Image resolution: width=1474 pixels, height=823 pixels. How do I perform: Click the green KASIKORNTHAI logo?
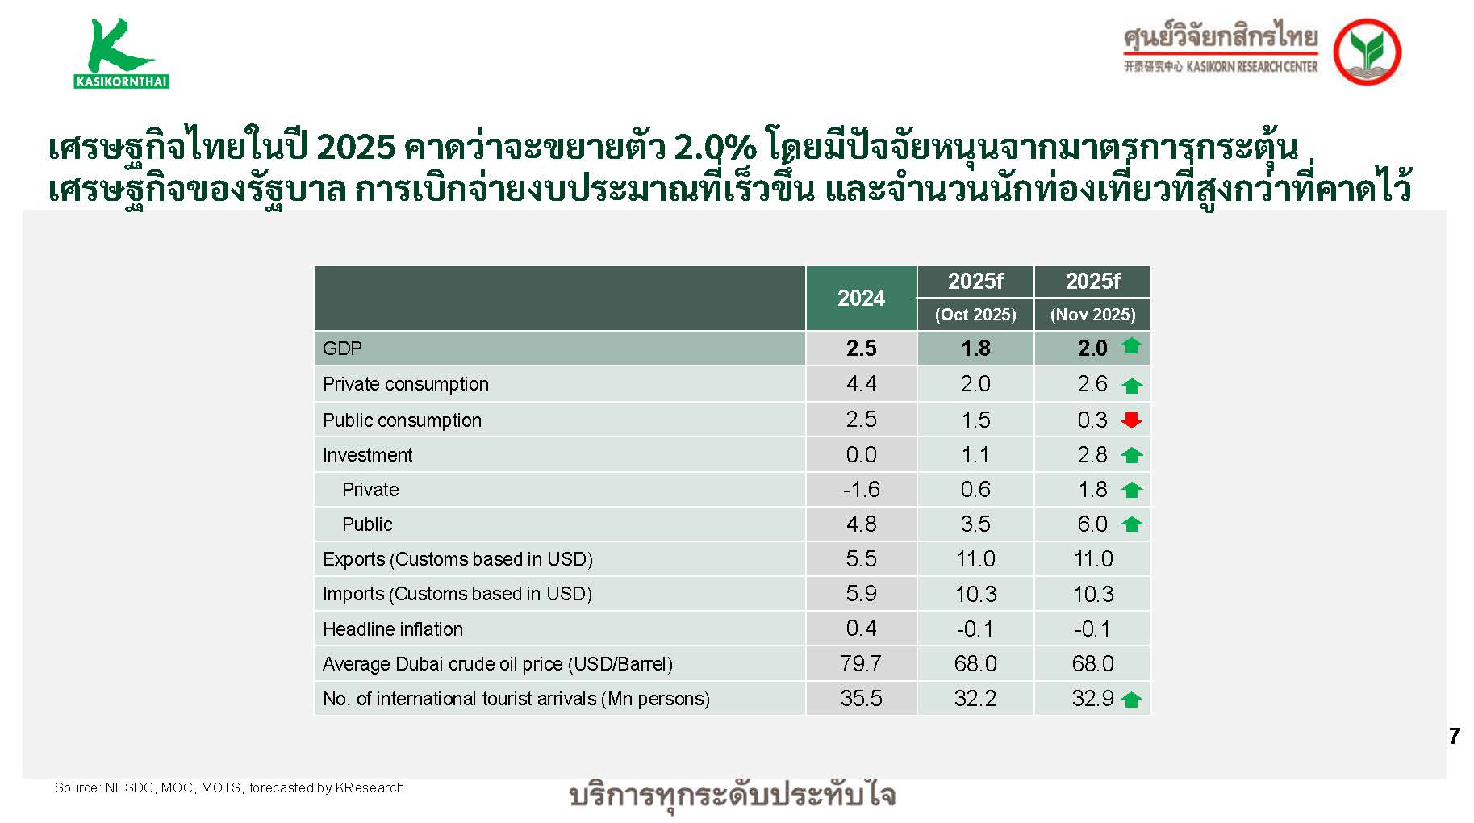pos(121,53)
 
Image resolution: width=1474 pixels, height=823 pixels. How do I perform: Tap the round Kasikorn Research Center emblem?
pos(1367,52)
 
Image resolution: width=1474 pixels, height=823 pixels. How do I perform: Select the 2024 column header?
pos(861,299)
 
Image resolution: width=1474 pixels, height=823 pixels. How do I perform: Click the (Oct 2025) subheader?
pos(975,315)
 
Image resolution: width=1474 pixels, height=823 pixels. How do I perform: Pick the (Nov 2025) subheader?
pos(1092,315)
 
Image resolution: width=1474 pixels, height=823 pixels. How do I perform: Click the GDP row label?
pos(342,349)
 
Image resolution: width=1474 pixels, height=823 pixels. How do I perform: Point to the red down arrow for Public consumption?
pos(1131,420)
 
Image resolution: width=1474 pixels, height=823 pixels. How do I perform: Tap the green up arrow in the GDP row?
pos(1131,347)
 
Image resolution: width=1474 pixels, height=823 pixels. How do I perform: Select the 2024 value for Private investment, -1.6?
pos(861,490)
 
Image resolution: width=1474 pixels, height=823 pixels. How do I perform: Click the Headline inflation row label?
pos(393,629)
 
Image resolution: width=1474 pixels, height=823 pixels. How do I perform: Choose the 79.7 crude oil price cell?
pos(861,664)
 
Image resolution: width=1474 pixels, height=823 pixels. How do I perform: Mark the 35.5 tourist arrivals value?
pos(861,699)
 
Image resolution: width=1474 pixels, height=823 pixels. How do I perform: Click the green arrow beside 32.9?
pos(1131,700)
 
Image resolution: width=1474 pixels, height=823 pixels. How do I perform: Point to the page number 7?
pos(1454,736)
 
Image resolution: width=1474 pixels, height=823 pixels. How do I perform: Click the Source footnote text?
pos(229,787)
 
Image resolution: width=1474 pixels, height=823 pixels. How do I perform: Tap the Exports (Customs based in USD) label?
pos(457,559)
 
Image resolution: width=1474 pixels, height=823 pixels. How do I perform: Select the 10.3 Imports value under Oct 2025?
pos(975,595)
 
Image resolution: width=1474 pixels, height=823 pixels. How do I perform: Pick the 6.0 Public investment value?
pos(1092,524)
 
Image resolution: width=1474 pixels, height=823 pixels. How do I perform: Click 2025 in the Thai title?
pos(356,148)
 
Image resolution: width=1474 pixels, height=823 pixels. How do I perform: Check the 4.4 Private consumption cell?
pos(861,384)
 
